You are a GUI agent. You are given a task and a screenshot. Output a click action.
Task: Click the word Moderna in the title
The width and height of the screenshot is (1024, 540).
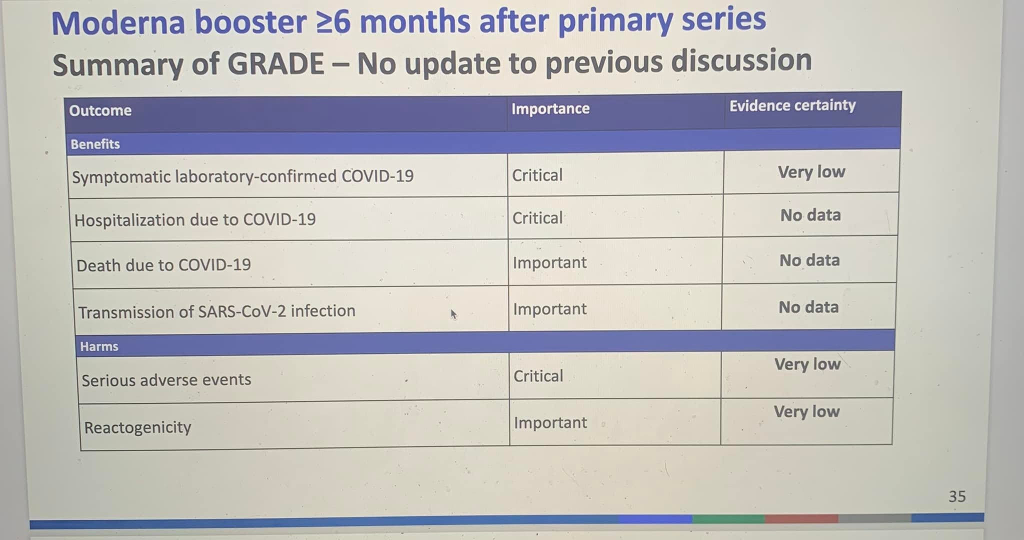click(x=118, y=23)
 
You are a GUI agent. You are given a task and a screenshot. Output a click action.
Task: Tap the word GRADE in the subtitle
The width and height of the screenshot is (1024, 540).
click(x=275, y=64)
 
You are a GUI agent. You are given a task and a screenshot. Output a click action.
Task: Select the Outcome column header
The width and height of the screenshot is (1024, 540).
click(x=100, y=110)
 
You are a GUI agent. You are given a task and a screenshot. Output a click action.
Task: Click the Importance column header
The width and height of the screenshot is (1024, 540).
click(x=550, y=108)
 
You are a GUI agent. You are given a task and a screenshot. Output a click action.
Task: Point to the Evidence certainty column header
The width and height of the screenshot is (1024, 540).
click(x=792, y=105)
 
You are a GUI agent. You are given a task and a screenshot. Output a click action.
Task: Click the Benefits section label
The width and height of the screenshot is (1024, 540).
click(x=95, y=144)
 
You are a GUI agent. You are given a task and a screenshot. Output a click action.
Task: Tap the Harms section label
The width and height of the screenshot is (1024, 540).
click(x=99, y=346)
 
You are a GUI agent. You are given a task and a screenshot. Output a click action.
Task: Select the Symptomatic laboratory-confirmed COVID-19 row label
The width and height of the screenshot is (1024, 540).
click(x=242, y=176)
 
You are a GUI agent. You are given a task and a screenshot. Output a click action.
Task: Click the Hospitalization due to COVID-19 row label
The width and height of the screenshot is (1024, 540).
click(x=195, y=220)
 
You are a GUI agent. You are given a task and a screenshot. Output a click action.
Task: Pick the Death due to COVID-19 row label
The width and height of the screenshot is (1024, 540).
click(x=163, y=265)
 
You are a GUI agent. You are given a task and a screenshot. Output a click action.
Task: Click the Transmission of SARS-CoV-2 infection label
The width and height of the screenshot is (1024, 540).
click(x=216, y=311)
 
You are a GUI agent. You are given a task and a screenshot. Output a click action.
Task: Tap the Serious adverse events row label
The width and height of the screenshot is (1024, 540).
click(x=166, y=380)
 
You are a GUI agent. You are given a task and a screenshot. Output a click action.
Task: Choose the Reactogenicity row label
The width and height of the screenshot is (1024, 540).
click(x=137, y=427)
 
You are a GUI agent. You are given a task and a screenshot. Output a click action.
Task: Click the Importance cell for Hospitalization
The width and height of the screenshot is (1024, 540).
click(x=537, y=218)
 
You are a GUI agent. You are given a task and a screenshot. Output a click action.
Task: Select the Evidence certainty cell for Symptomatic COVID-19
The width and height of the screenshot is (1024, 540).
click(x=811, y=172)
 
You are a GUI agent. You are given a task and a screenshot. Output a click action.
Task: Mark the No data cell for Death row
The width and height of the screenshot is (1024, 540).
click(x=809, y=260)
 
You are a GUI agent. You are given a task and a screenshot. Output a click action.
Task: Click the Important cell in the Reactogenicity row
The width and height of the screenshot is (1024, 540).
click(x=550, y=423)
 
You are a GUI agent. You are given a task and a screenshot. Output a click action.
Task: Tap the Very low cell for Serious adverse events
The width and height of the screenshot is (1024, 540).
click(x=807, y=364)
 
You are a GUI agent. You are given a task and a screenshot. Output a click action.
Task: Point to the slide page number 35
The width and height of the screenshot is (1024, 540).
click(x=957, y=496)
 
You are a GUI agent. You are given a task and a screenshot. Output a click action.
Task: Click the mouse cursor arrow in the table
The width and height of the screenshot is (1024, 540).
click(x=453, y=314)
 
